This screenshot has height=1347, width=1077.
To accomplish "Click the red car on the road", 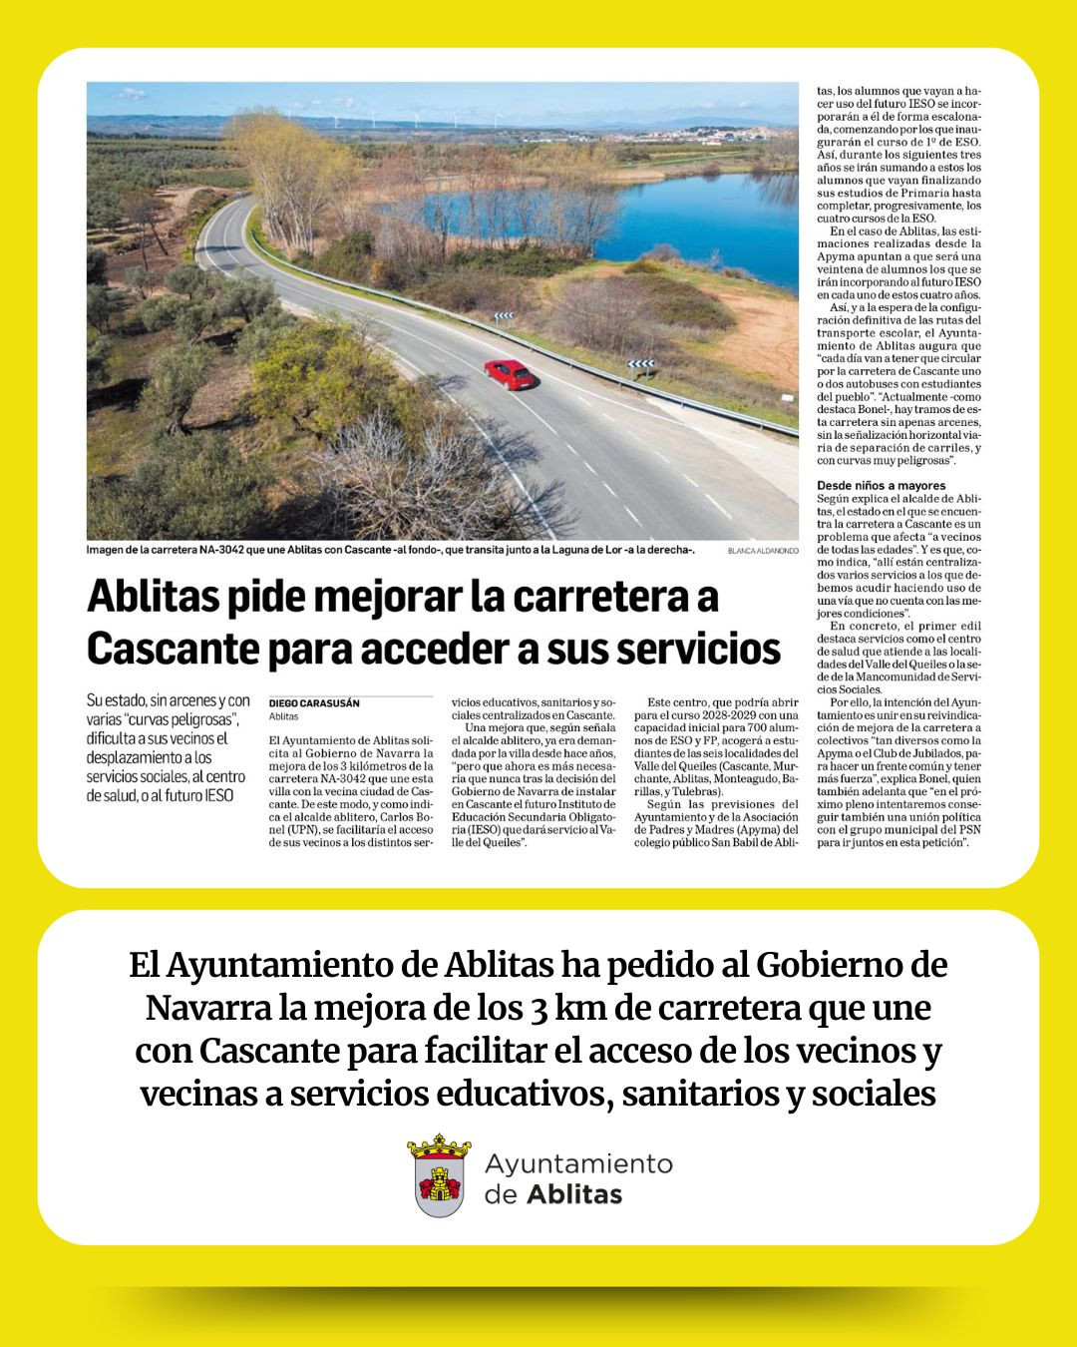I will click(508, 374).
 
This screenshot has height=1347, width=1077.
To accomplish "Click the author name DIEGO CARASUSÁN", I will click(314, 703).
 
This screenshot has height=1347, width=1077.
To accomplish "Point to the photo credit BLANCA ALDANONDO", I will click(763, 551).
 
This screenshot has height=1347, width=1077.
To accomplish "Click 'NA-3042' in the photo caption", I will click(224, 550).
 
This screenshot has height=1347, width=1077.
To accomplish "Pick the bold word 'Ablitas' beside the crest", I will click(573, 1194).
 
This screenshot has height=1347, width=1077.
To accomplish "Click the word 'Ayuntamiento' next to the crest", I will click(577, 1163).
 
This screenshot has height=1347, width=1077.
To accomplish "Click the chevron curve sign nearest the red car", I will click(644, 363).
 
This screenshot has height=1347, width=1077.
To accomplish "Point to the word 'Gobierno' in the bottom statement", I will click(829, 966).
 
